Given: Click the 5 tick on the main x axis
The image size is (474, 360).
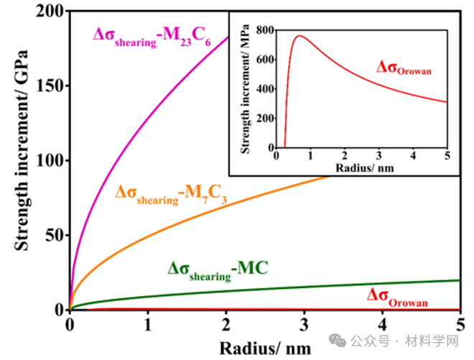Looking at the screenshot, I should [460, 323].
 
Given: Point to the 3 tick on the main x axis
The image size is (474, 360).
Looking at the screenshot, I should [304, 323].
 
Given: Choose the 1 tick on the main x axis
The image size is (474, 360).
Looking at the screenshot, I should [148, 323].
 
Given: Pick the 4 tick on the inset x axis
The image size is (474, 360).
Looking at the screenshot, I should [414, 156].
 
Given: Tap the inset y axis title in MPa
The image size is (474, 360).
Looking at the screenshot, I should [246, 88].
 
